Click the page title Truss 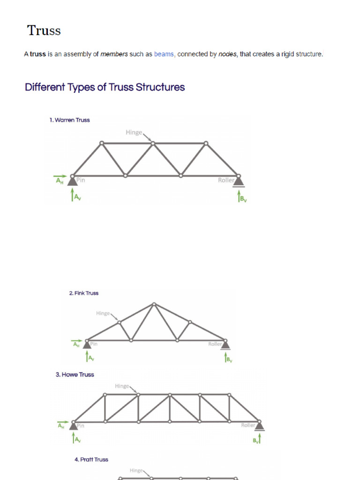tap(44, 30)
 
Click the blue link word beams tap(164, 54)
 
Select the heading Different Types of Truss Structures tap(105, 87)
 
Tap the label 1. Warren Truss tap(69, 120)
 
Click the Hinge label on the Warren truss tap(134, 133)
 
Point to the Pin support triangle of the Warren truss tap(72, 180)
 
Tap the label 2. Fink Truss tap(83, 293)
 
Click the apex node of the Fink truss tap(154, 304)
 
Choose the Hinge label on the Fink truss tap(103, 313)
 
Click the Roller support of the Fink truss tap(225, 345)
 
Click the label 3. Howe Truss tap(75, 375)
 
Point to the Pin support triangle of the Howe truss tap(74, 426)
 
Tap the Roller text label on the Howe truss tap(248, 425)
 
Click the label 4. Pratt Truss tap(91, 459)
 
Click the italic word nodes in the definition tap(228, 54)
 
